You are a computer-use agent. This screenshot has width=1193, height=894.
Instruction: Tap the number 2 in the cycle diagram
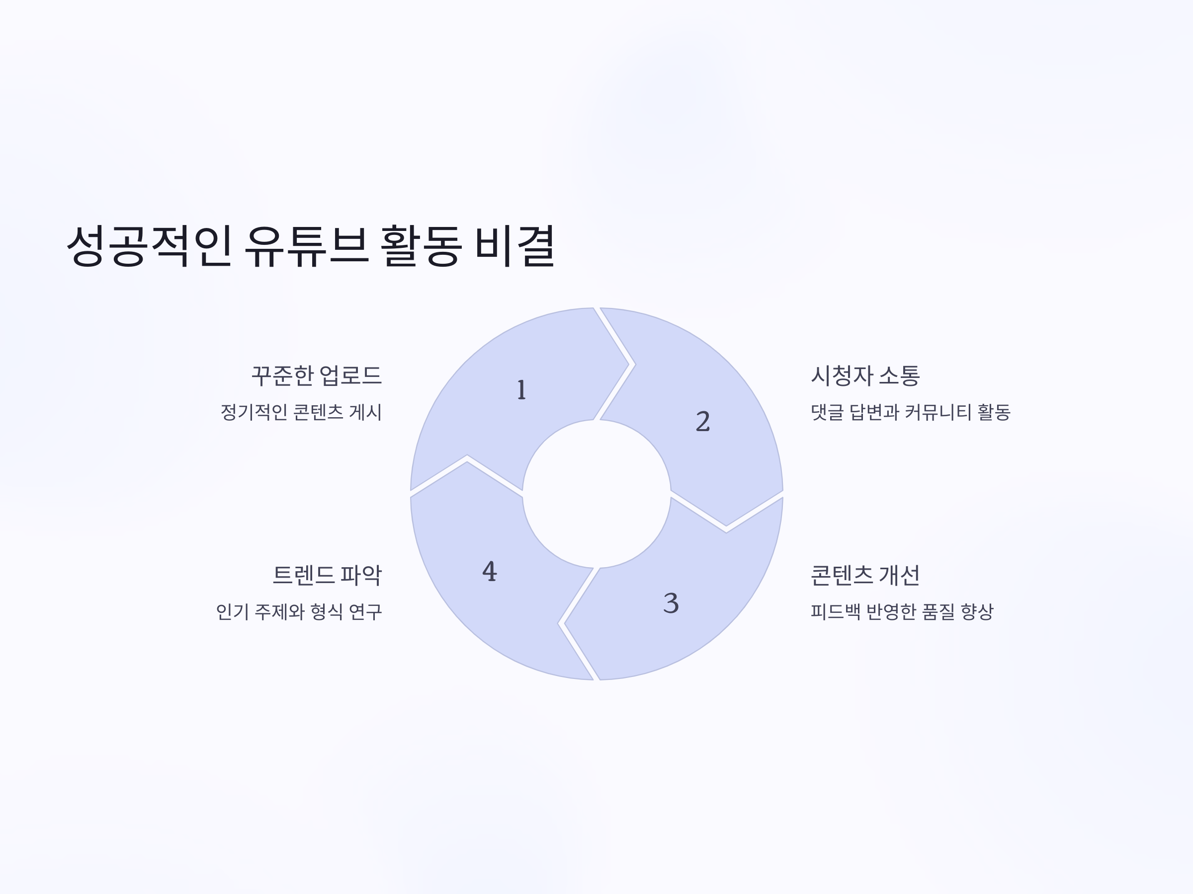pos(703,421)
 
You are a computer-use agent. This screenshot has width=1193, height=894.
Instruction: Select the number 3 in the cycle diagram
pos(671,603)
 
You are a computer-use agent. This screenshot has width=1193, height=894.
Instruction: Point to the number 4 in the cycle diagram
pos(489,571)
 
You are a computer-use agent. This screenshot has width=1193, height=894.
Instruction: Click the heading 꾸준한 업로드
pos(317,375)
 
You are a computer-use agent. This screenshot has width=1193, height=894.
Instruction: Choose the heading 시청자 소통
pos(865,375)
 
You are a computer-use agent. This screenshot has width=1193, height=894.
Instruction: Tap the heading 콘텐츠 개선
pos(865,575)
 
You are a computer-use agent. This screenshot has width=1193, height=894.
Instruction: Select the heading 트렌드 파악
pos(328,575)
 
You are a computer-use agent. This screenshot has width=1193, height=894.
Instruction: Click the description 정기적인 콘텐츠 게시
pos(301,412)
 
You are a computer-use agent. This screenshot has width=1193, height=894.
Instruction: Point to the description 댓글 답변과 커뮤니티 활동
pos(910,412)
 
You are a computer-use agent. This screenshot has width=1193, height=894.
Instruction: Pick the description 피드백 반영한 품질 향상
pos(902,611)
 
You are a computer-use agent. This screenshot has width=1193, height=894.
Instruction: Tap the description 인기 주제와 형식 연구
pos(299,611)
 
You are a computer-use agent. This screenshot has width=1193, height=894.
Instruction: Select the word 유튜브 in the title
pos(306,246)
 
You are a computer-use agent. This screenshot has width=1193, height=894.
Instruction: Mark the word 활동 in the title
pos(421,246)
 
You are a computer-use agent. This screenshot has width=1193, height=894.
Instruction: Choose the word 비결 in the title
pos(514,246)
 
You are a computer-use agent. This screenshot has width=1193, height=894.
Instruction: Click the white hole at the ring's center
pos(596,494)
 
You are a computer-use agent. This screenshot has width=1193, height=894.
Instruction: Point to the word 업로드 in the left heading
pos(350,375)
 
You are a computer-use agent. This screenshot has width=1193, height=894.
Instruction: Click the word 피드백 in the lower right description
pos(836,611)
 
